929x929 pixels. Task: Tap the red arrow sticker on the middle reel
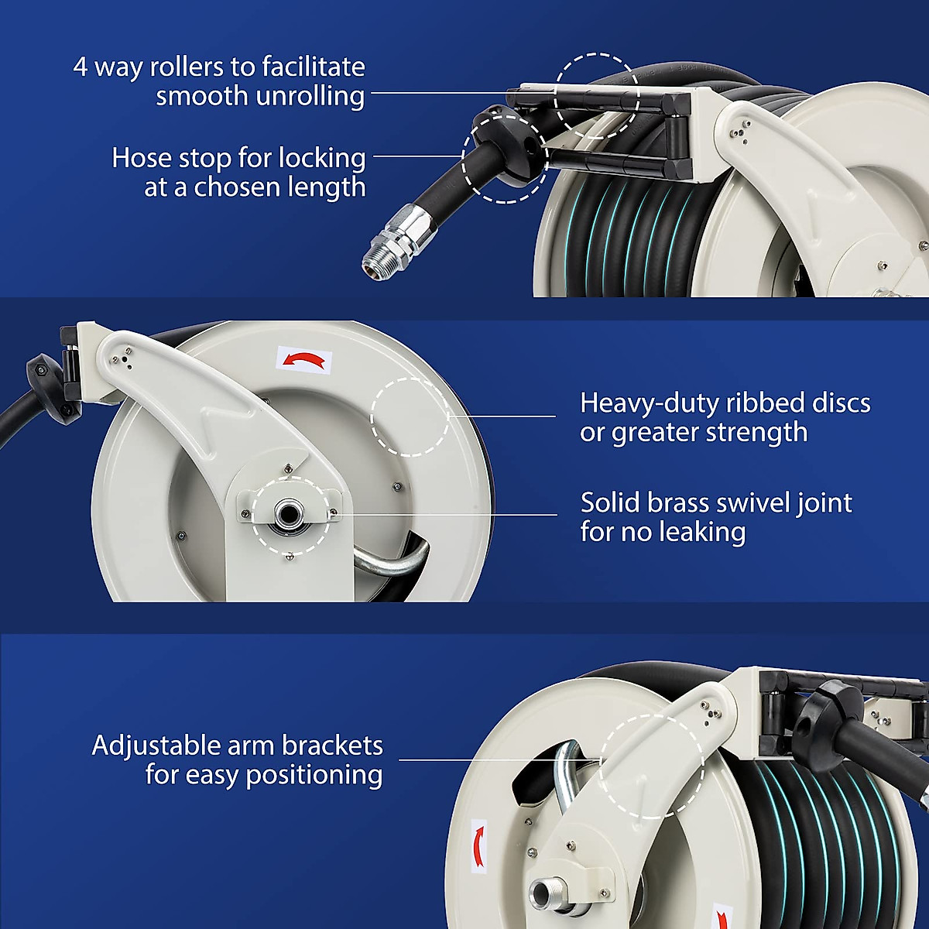(x=304, y=359)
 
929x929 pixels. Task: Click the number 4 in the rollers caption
(x=81, y=67)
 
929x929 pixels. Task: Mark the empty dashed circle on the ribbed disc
(x=410, y=417)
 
